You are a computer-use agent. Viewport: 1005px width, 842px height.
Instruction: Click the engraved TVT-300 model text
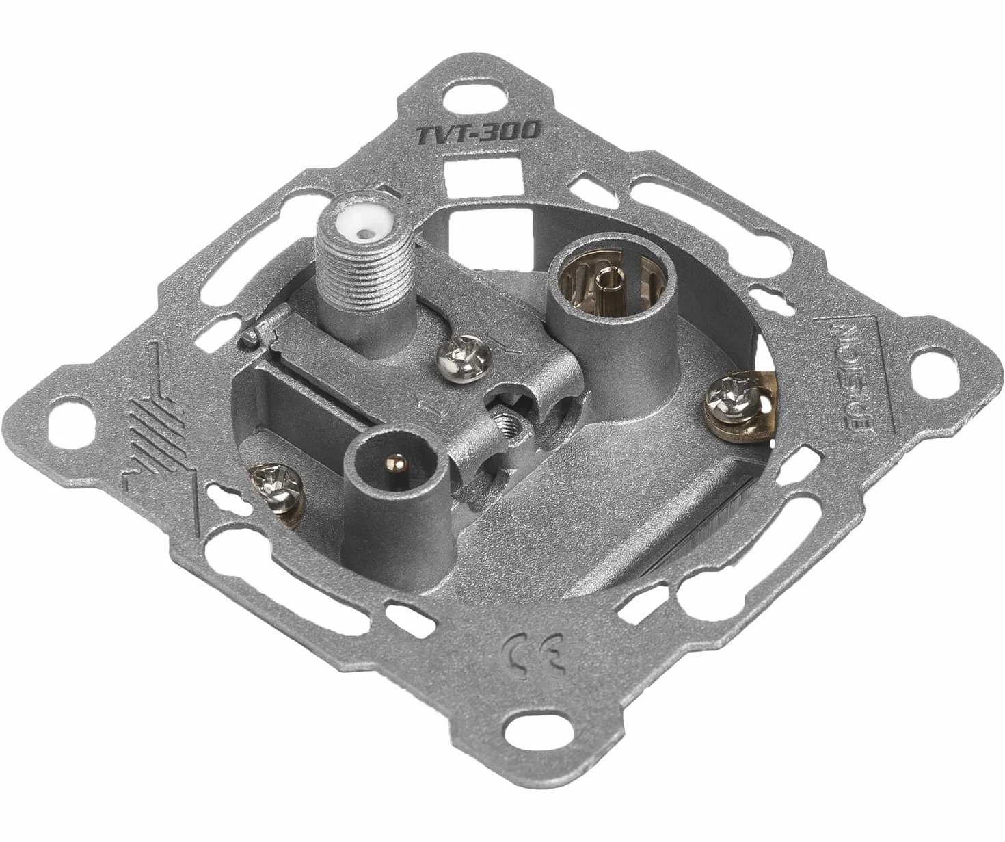pyautogui.click(x=478, y=132)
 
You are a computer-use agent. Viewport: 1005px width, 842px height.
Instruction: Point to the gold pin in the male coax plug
pyautogui.click(x=398, y=464)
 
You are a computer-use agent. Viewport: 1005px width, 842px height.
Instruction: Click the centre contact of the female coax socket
pyautogui.click(x=604, y=278)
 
